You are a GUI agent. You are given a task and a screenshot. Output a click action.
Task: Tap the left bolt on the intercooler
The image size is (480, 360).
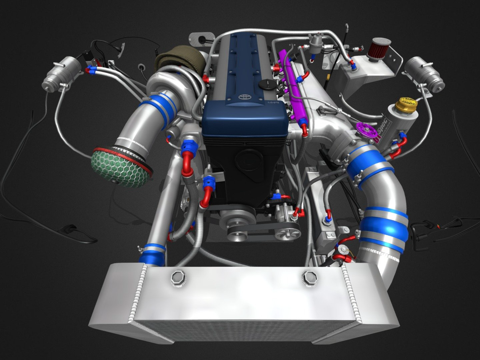179,277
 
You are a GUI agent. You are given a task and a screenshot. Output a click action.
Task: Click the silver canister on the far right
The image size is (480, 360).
424,72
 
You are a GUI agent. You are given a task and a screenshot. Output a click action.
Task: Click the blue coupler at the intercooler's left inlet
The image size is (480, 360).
152,252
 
